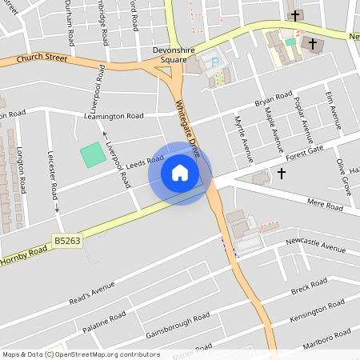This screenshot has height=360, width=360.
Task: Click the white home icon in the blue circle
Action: [180, 173]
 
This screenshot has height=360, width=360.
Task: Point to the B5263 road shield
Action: [68, 240]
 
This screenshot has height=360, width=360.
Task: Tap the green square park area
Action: [93, 154]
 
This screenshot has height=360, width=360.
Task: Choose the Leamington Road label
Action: [113, 117]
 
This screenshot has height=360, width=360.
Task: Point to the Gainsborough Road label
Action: [178, 322]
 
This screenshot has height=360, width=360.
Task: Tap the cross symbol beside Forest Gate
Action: [282, 172]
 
